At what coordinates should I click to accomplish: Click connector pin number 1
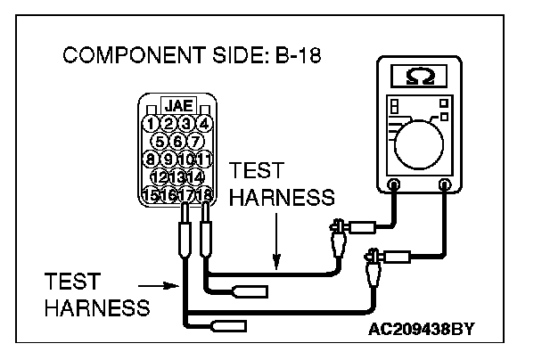pos(152,123)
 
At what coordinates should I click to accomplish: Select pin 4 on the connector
pos(204,123)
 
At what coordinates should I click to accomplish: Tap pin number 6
pos(178,141)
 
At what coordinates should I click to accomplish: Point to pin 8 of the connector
pos(152,159)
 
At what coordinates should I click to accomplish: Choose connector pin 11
pos(204,159)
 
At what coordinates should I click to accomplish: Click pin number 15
pos(152,192)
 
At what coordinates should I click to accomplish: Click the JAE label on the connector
pos(178,105)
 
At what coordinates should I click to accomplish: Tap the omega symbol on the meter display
pos(419,78)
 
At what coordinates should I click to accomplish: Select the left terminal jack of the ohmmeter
pos(393,185)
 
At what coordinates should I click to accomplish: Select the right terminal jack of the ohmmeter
pos(445,185)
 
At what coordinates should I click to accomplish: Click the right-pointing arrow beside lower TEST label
pos(167,286)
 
